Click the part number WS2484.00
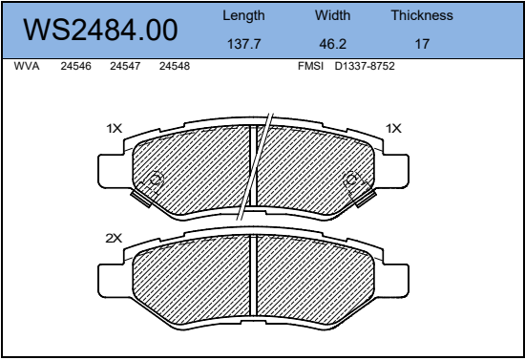pos(100,30)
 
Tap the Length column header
pos(243,15)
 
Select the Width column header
pos(332,15)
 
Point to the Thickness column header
pos(422,15)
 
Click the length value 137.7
pos(243,44)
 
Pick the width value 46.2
pos(332,44)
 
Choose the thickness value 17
pos(422,44)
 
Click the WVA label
pos(27,66)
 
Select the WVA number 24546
pos(75,66)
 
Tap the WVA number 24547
pos(125,66)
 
